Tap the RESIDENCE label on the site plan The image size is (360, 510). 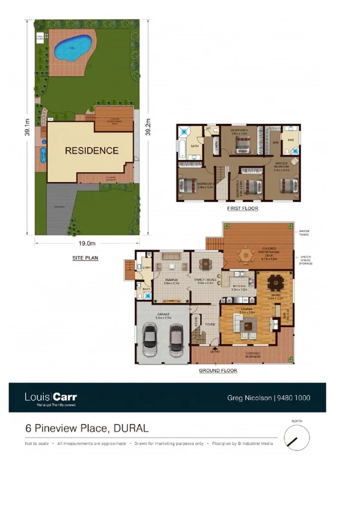click(x=91, y=150)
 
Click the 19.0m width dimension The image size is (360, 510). click(x=87, y=244)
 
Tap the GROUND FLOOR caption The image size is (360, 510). click(x=218, y=371)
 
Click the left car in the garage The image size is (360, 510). click(x=151, y=340)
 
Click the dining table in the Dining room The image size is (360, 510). click(x=276, y=281)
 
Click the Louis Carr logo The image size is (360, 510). click(x=50, y=398)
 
